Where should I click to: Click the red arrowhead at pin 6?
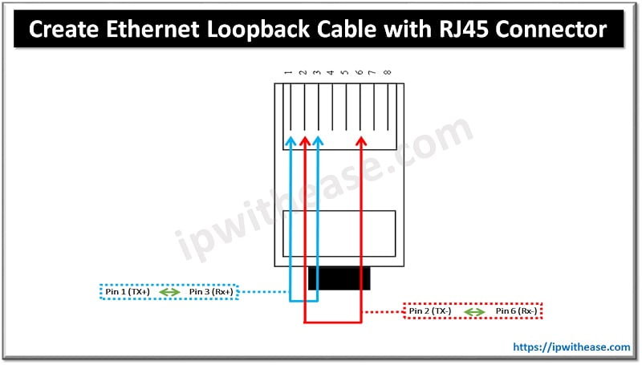point(360,141)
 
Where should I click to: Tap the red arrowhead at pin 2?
point(304,141)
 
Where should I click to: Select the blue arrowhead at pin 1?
point(290,141)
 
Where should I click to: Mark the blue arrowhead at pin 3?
point(318,141)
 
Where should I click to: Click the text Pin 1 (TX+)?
point(128,292)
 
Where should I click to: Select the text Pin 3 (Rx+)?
point(211,292)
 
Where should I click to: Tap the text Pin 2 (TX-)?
point(430,310)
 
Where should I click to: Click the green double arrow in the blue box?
point(169,292)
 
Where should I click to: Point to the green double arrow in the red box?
point(473,310)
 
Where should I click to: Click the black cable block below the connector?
point(339,278)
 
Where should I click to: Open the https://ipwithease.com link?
point(571,347)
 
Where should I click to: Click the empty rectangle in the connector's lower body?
point(339,233)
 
